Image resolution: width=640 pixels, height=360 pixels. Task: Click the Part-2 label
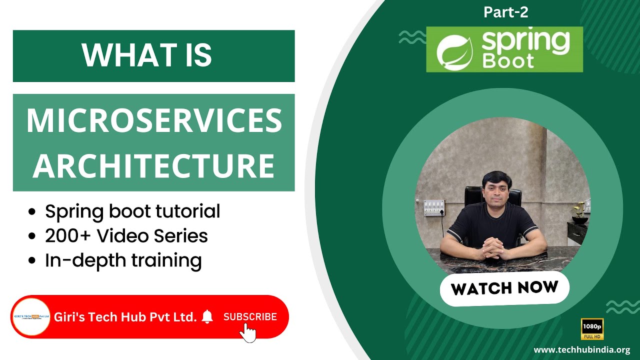click(x=506, y=12)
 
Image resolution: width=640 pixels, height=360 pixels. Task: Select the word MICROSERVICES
click(x=154, y=120)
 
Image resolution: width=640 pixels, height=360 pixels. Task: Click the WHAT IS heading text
click(x=147, y=55)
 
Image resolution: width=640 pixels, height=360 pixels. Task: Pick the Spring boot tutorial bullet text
click(x=132, y=211)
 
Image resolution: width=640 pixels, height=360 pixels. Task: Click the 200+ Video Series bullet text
click(x=126, y=236)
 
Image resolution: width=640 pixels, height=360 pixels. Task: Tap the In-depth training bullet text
click(x=123, y=260)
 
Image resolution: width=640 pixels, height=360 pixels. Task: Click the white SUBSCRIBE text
click(x=250, y=316)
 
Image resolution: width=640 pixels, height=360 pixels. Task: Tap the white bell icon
click(x=207, y=316)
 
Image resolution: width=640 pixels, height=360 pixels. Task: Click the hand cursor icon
click(x=247, y=332)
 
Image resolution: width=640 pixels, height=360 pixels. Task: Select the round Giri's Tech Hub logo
click(x=31, y=316)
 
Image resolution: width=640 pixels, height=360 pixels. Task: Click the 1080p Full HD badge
click(x=592, y=329)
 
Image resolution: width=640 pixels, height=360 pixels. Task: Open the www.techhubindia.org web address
click(x=582, y=350)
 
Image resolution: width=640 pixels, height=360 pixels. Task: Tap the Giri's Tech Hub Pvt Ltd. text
click(x=125, y=317)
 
